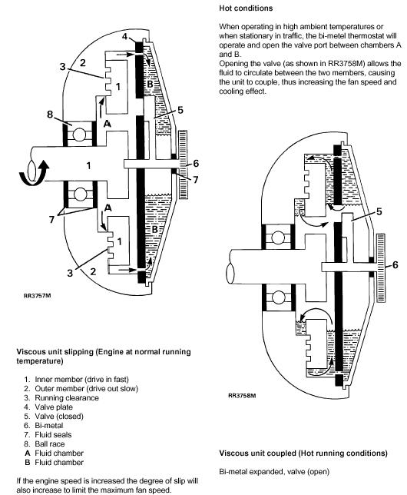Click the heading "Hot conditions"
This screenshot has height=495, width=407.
click(x=246, y=8)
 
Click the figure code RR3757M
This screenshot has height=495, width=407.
click(x=37, y=296)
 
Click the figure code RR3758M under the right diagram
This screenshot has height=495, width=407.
click(x=242, y=395)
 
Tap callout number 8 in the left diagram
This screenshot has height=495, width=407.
click(x=50, y=114)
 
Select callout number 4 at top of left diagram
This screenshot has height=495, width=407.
click(x=124, y=37)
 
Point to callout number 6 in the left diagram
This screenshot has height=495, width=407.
click(x=196, y=163)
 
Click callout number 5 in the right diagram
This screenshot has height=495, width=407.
click(x=379, y=211)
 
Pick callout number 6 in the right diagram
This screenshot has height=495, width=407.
click(x=395, y=264)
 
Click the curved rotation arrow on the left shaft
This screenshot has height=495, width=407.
click(x=34, y=172)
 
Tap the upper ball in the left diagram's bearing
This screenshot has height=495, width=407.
click(x=79, y=135)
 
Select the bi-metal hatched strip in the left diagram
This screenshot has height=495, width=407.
click(x=183, y=164)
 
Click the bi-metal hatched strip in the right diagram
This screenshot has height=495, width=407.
click(x=381, y=268)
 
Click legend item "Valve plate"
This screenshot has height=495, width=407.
click(x=54, y=407)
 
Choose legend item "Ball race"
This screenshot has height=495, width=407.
click(x=50, y=444)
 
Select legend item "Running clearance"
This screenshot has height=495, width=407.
click(x=67, y=398)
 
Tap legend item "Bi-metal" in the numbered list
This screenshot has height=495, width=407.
click(x=49, y=426)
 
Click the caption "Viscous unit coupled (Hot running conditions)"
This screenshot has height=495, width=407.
click(x=303, y=453)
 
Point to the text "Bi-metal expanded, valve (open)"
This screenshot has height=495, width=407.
click(x=274, y=472)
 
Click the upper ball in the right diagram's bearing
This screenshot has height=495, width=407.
click(x=278, y=238)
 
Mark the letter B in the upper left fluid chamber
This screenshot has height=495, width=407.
click(x=151, y=85)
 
